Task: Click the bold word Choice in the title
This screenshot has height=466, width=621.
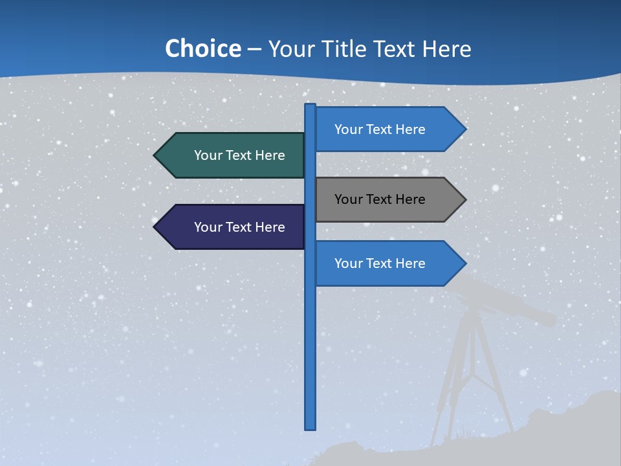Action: (x=202, y=49)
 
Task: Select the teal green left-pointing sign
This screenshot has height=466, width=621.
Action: (x=233, y=155)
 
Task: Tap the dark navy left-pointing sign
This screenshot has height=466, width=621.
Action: (x=233, y=227)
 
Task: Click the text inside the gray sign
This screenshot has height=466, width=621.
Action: (x=380, y=199)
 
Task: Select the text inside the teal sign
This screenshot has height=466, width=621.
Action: (x=239, y=155)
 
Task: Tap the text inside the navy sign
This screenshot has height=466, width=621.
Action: (x=239, y=227)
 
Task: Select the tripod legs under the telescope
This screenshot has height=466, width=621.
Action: (x=472, y=375)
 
